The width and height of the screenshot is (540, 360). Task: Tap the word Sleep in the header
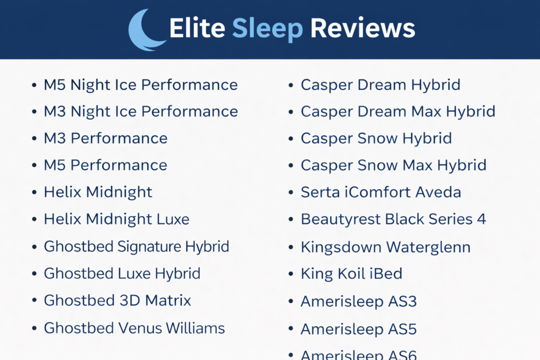tap(267, 28)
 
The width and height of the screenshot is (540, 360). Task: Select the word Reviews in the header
tap(363, 28)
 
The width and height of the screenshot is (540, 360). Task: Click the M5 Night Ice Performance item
tap(140, 85)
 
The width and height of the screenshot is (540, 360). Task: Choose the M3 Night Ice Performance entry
tap(140, 112)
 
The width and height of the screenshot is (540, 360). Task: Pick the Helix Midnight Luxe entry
tap(117, 219)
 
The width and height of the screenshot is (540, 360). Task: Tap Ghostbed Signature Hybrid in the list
tap(137, 246)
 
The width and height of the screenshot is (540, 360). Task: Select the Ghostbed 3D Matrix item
tap(117, 300)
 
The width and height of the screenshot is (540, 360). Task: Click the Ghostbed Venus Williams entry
tap(134, 328)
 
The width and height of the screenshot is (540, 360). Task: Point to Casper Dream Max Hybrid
tap(398, 112)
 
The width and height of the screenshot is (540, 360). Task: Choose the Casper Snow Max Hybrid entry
tap(393, 165)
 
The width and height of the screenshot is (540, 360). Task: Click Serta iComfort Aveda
tap(381, 192)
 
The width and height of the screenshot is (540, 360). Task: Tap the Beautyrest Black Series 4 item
tap(393, 219)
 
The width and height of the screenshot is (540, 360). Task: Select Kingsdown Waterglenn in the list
tap(385, 247)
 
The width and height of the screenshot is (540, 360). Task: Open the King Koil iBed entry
tap(351, 274)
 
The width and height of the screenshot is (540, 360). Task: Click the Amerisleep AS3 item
tap(359, 301)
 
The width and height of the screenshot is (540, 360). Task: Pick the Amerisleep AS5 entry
tap(359, 329)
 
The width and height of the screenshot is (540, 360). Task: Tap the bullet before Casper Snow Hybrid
tap(291, 139)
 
